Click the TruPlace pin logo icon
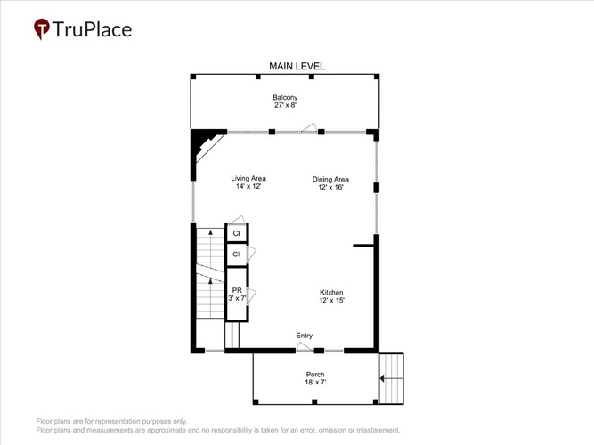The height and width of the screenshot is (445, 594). click(x=42, y=28)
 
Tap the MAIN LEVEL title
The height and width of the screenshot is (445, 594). click(x=297, y=66)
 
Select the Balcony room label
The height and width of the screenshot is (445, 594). click(x=285, y=97)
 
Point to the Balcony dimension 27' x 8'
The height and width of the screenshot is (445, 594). click(x=285, y=105)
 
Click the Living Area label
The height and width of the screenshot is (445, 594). click(x=248, y=178)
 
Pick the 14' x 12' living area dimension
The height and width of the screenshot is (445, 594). click(x=248, y=186)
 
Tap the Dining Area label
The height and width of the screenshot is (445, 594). click(x=330, y=179)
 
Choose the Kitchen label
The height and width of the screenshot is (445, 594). click(x=331, y=293)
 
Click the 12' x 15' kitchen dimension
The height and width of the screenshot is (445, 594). click(x=332, y=300)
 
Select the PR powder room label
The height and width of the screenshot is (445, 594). click(x=237, y=290)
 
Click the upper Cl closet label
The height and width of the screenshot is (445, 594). click(x=236, y=233)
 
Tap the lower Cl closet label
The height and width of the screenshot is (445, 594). click(x=236, y=255)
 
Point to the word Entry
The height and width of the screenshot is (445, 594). click(x=305, y=336)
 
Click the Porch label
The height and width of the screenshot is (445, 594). click(x=315, y=374)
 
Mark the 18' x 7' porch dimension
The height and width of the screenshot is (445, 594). click(x=315, y=382)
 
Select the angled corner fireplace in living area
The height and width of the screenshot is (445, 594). click(x=206, y=145)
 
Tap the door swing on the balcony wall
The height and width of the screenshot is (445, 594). click(x=309, y=127)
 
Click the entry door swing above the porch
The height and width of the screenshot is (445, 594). click(x=305, y=346)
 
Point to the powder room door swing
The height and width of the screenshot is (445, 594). click(x=251, y=296)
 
